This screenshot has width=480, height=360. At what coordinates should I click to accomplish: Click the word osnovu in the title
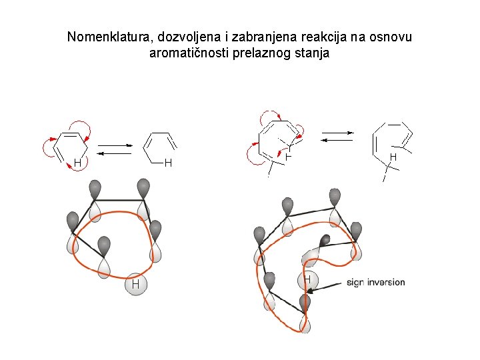(391, 37)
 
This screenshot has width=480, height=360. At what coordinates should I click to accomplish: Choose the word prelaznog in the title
(263, 53)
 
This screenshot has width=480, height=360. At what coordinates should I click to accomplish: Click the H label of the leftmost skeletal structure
(77, 162)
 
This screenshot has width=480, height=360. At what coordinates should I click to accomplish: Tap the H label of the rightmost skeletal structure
(393, 157)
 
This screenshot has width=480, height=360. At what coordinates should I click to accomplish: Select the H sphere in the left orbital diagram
(135, 285)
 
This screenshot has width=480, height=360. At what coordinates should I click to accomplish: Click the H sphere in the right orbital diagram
(307, 280)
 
